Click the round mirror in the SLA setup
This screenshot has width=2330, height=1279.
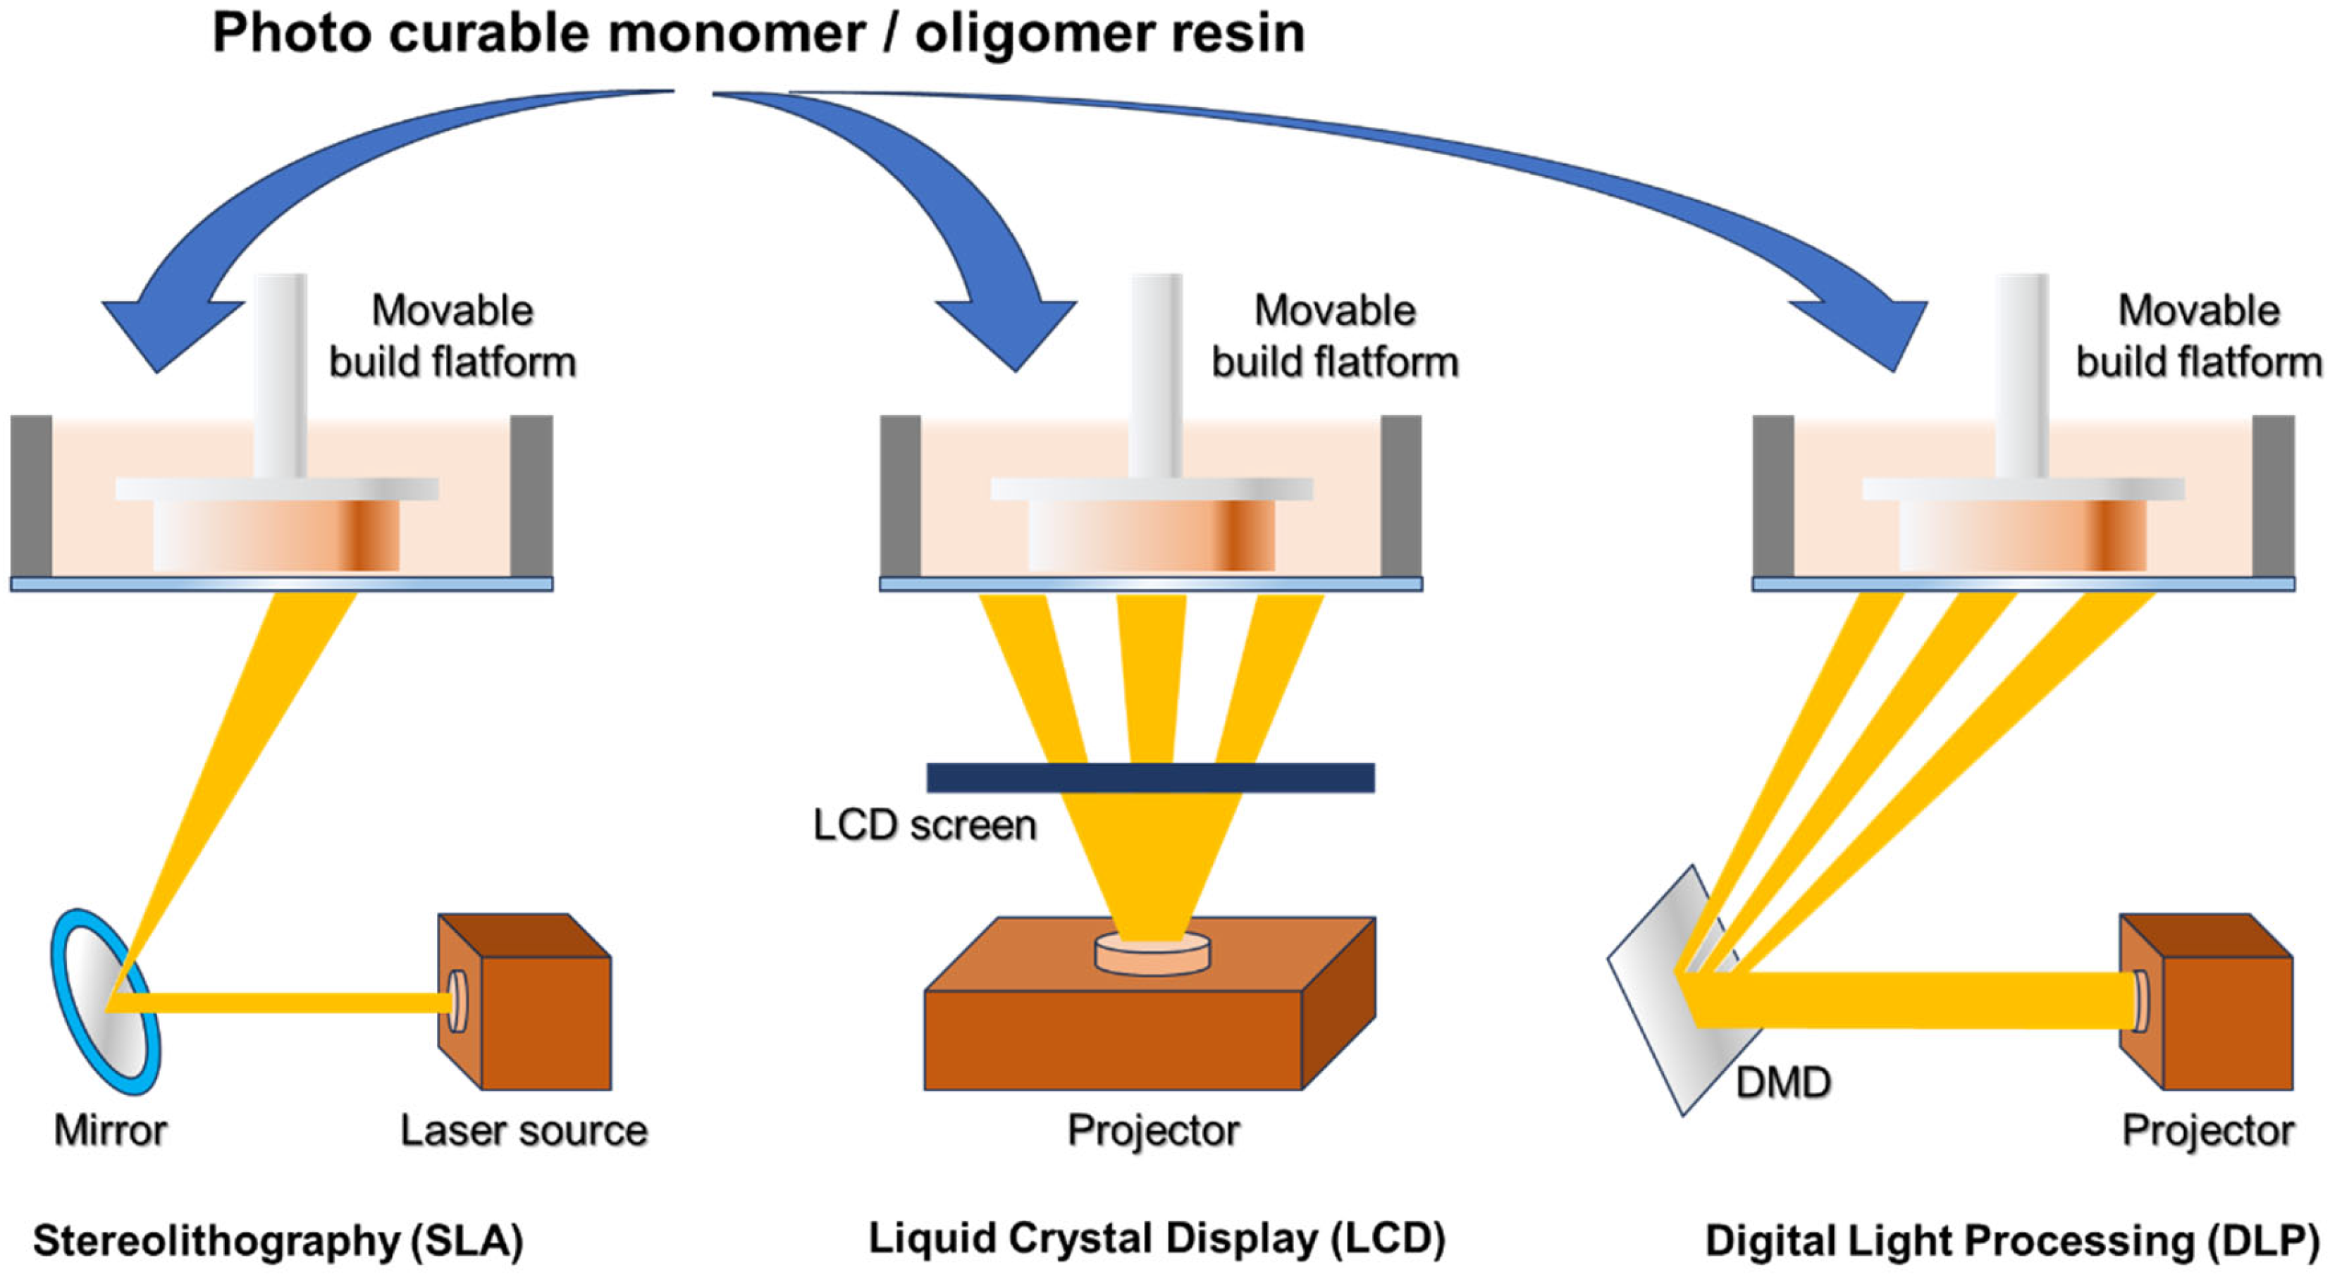point(105,1001)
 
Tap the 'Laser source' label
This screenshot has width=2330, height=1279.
point(524,1130)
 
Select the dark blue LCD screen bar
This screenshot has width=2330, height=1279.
point(1150,778)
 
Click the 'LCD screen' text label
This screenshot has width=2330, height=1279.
point(925,825)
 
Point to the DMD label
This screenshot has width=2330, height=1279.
point(1783,1082)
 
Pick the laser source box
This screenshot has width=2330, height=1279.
point(524,1001)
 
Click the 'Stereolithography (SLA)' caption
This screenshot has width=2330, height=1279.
point(278,1241)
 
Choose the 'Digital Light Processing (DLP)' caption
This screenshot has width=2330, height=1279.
point(2014,1241)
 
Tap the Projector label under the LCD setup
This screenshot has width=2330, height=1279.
point(1153,1130)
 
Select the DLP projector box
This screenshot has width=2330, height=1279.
point(2206,1001)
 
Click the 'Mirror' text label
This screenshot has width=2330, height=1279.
point(111,1130)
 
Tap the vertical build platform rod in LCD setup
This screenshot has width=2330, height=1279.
point(1156,376)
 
